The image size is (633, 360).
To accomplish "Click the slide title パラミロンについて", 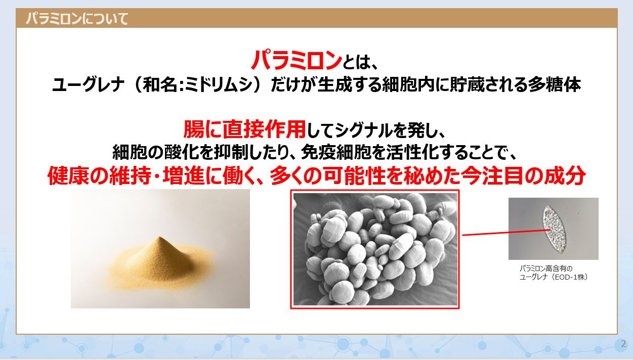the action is pyautogui.click(x=77, y=19).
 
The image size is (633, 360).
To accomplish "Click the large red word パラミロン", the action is pyautogui.click(x=296, y=60).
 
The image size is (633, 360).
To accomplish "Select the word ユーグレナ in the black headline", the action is pyautogui.click(x=88, y=85).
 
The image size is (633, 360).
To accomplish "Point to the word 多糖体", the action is pyautogui.click(x=555, y=85).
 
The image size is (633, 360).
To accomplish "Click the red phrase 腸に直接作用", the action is pyautogui.click(x=245, y=129).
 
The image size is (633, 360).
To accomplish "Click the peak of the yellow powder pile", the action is pyautogui.click(x=160, y=237).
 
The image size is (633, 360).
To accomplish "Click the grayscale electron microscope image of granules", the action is pyautogui.click(x=375, y=249).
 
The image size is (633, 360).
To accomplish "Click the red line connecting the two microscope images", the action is pyautogui.click(x=506, y=233).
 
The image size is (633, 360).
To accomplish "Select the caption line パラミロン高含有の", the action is pyautogui.click(x=546, y=268).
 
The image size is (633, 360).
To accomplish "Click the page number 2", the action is pyautogui.click(x=623, y=344).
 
